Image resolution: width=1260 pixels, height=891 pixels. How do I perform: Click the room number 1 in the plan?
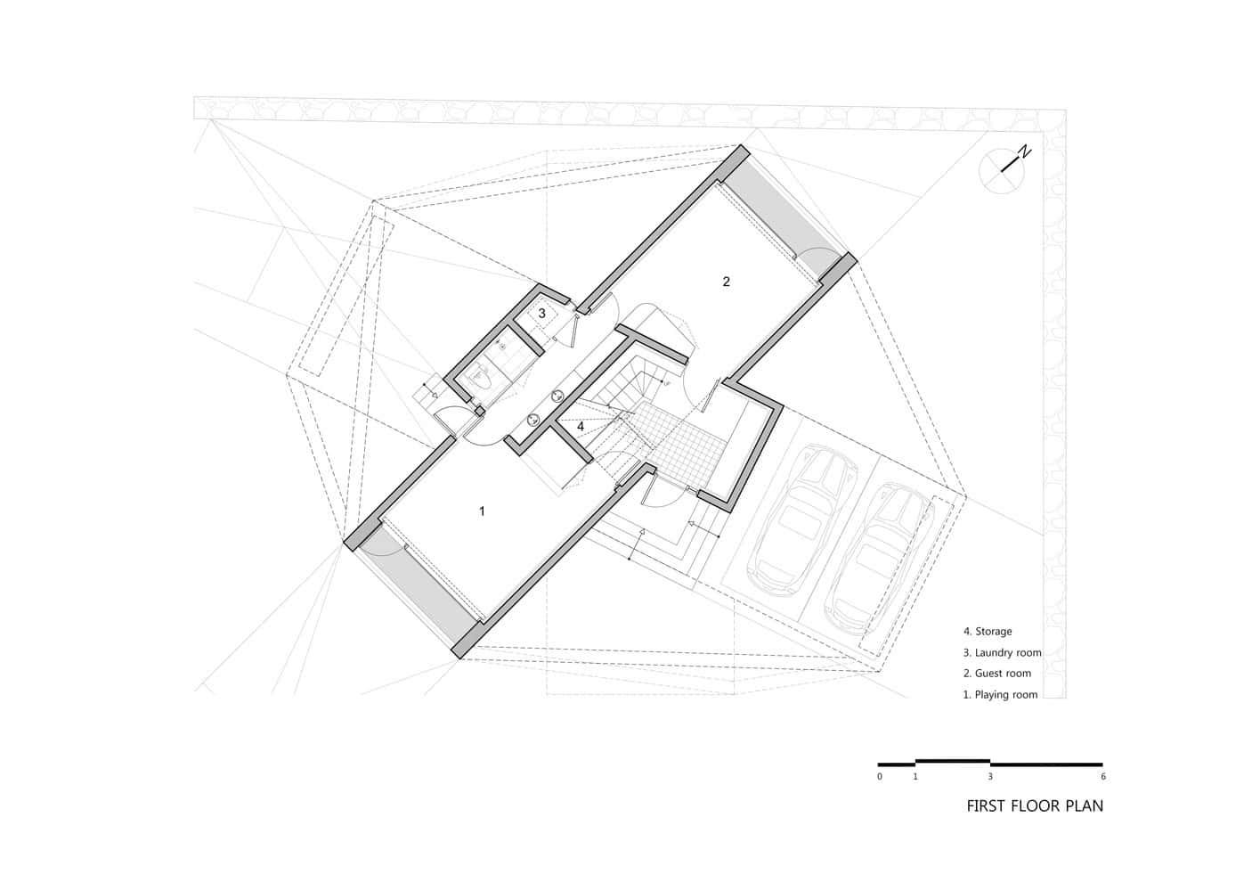pyautogui.click(x=482, y=511)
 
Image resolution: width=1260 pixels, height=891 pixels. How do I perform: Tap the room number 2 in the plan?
pyautogui.click(x=727, y=282)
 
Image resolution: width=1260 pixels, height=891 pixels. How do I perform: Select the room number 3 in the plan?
pyautogui.click(x=541, y=313)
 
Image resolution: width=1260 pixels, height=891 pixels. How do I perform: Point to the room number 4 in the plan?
pyautogui.click(x=581, y=426)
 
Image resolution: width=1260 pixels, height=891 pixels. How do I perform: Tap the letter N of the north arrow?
pyautogui.click(x=1026, y=151)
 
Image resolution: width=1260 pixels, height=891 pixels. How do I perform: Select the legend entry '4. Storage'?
pyautogui.click(x=988, y=632)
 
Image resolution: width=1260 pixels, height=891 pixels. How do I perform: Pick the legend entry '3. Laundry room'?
pyautogui.click(x=1002, y=653)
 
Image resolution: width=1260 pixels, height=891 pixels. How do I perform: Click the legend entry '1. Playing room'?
pyautogui.click(x=1000, y=695)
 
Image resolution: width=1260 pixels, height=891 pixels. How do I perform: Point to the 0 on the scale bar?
pyautogui.click(x=880, y=777)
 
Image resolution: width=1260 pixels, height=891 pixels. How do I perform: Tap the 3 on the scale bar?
pyautogui.click(x=990, y=777)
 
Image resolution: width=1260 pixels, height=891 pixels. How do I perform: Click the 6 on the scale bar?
pyautogui.click(x=1103, y=777)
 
